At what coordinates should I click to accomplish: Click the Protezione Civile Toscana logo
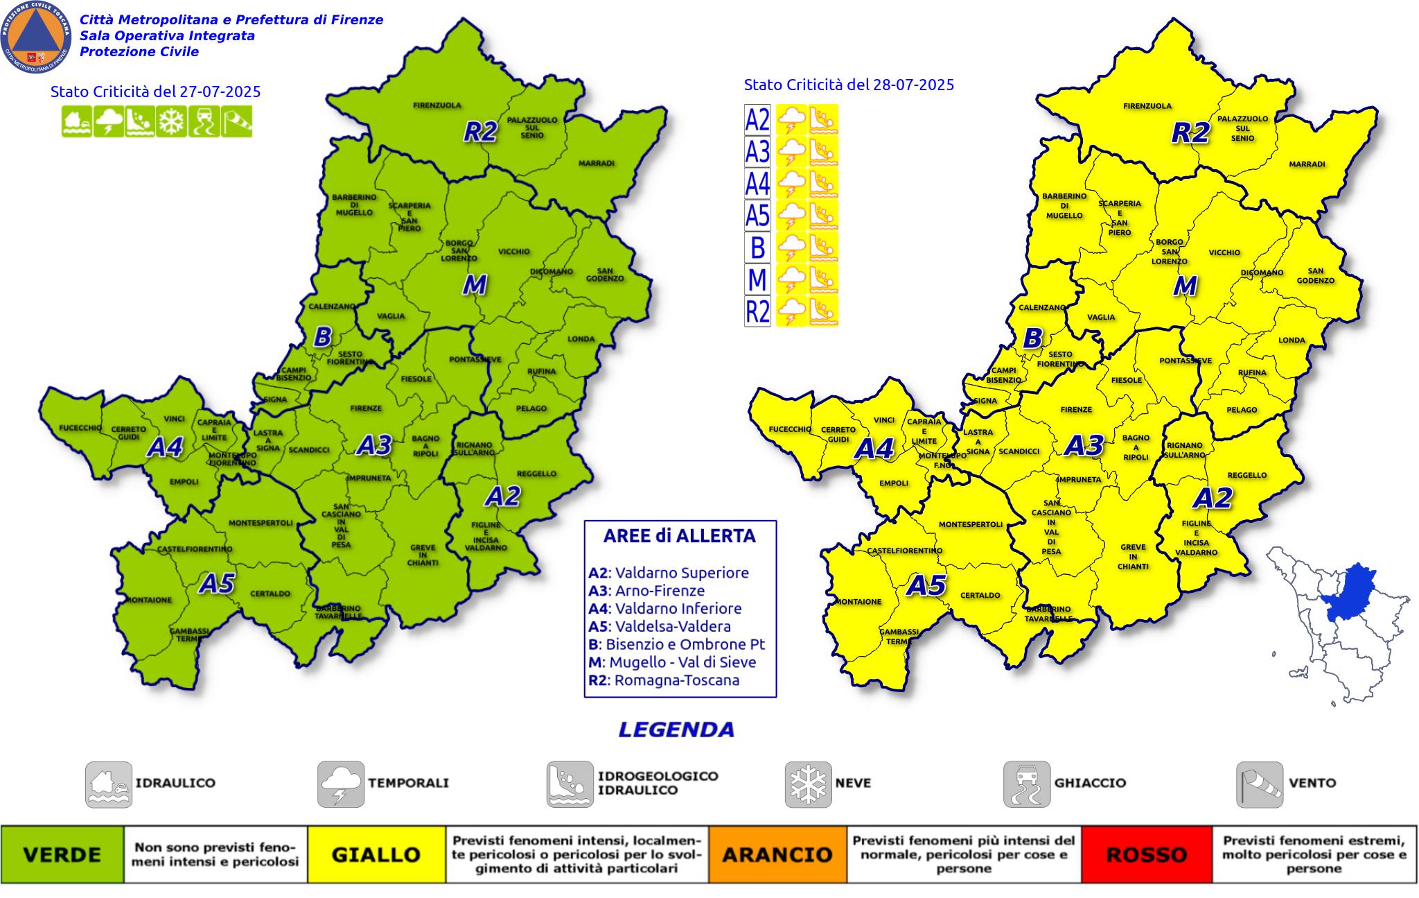pos(36,37)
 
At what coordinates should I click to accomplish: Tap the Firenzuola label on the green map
pos(437,105)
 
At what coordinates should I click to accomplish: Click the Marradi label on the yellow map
pos(1307,164)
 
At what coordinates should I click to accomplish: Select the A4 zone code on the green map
pos(165,447)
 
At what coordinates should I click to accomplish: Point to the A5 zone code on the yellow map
pos(926,586)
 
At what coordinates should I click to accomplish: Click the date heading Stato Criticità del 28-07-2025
pos(849,85)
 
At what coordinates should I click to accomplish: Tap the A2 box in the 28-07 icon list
pos(757,119)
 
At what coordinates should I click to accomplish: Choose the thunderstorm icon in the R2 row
pos(791,311)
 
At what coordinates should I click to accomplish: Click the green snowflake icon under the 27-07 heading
pos(170,121)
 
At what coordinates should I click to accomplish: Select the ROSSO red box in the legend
pos(1147,854)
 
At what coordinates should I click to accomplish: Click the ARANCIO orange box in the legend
pos(777,854)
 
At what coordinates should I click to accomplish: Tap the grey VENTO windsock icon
pos(1259,784)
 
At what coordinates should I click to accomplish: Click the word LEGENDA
pos(676,729)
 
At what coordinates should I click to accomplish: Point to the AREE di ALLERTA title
pos(679,536)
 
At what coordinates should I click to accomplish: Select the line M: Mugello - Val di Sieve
pos(672,662)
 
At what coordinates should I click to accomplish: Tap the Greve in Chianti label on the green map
pos(423,555)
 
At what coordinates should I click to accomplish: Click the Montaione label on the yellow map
pos(858,601)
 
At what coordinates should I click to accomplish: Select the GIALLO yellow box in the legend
pos(376,854)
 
